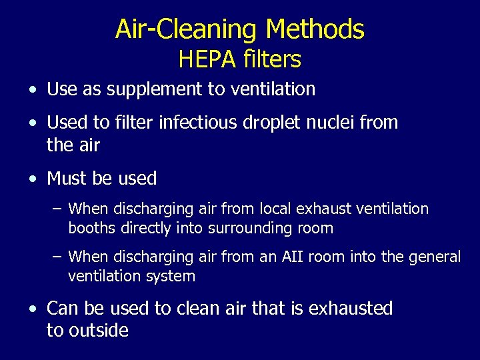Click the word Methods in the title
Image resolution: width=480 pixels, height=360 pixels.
point(315,29)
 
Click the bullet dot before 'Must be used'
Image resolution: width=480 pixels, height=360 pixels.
point(33,179)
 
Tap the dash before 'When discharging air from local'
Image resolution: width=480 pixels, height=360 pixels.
point(57,209)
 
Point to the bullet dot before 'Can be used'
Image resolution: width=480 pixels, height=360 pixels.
point(33,309)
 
